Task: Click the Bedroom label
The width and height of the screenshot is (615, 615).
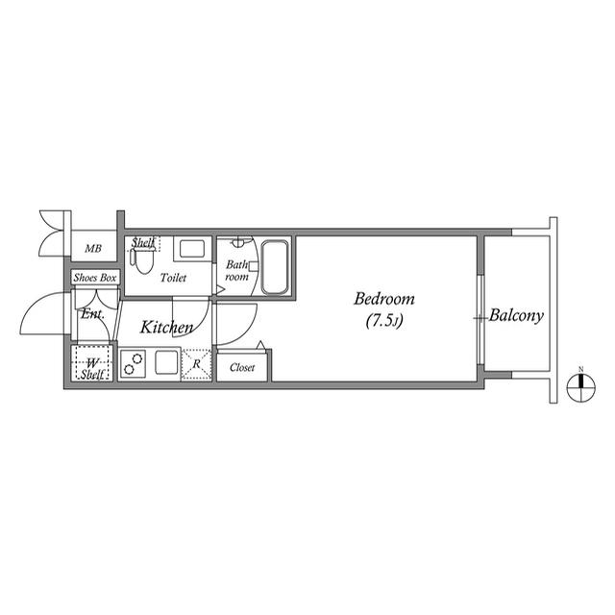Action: coord(384,299)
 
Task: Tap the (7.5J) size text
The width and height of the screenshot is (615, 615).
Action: coord(384,321)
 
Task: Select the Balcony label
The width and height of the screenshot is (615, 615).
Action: coord(516,316)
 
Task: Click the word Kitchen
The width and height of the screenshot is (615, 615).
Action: coord(166,327)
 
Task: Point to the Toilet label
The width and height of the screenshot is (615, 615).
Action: coord(173,278)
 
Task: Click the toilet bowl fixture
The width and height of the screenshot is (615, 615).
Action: coord(142,260)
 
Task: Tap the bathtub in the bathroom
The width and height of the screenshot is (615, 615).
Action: coord(275,267)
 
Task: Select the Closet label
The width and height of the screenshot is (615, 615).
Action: coord(242,367)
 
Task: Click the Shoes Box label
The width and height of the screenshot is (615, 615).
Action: coord(95,278)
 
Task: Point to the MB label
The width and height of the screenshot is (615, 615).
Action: coord(93,248)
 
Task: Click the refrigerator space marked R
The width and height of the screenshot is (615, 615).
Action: coord(196,364)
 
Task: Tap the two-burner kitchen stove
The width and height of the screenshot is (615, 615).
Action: coord(133,363)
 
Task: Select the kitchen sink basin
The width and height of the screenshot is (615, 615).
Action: coord(167,362)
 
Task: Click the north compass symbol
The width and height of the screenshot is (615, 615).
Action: coord(581,387)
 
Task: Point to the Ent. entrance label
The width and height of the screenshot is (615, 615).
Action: coord(92,314)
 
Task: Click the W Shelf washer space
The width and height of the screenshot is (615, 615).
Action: coord(92,363)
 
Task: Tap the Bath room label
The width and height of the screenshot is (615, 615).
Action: coord(237,271)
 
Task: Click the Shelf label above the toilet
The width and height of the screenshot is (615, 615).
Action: coord(143,243)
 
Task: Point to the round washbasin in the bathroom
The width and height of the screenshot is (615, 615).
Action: coord(238,243)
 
